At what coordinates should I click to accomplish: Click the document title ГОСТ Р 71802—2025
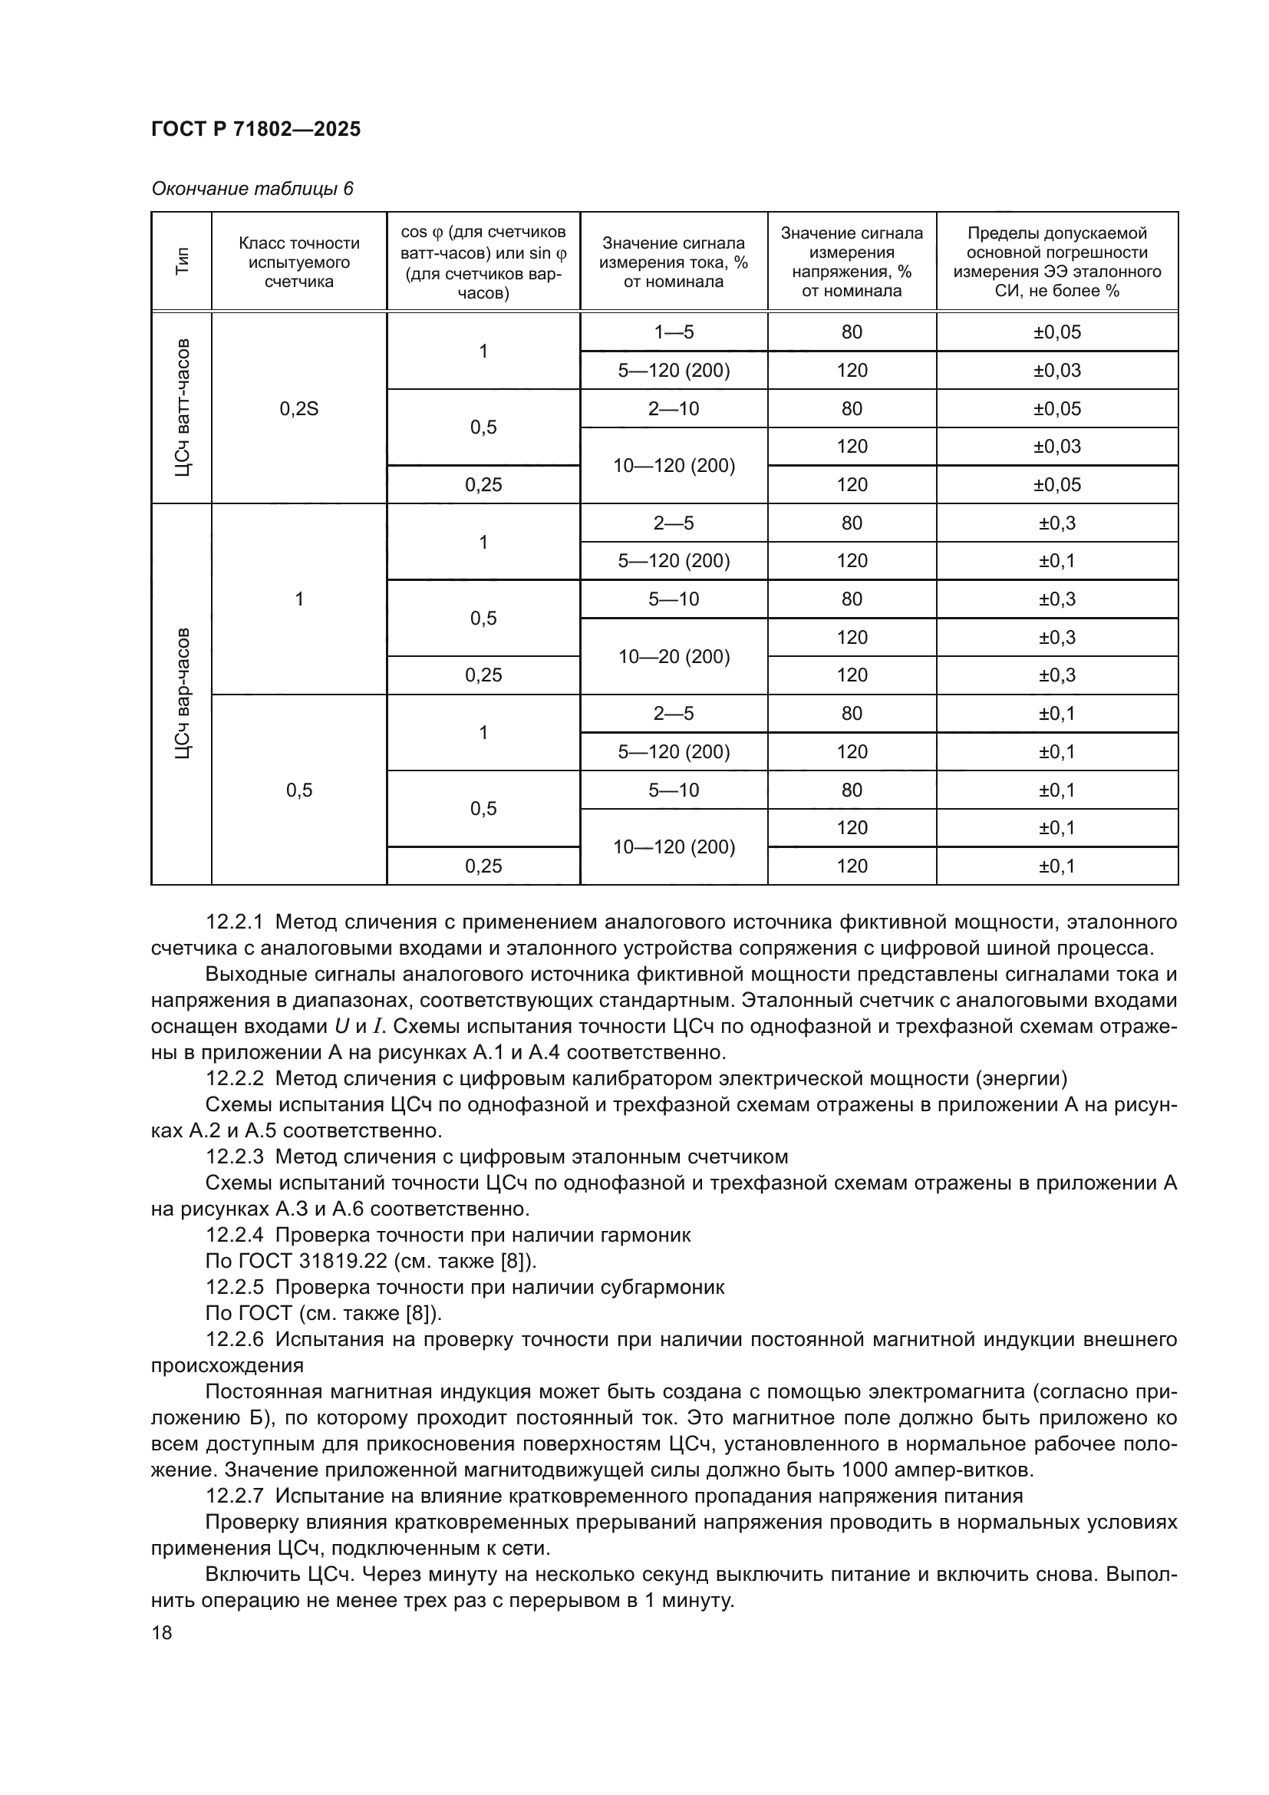(x=255, y=129)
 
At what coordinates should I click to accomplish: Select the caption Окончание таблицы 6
(x=252, y=190)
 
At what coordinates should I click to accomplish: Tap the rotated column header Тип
(x=182, y=261)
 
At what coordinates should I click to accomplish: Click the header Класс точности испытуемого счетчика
(x=298, y=262)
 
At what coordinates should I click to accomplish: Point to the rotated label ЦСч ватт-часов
(x=182, y=408)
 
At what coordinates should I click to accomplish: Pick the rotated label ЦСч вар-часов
(x=182, y=693)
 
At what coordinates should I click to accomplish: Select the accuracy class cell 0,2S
(x=298, y=408)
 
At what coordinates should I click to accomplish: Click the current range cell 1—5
(x=674, y=332)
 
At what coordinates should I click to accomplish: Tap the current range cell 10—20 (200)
(x=674, y=656)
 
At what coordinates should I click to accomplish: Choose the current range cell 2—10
(x=674, y=408)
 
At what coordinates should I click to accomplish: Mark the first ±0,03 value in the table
(x=1056, y=371)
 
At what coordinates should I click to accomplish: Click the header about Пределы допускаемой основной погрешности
(x=1056, y=262)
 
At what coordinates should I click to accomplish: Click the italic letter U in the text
(x=341, y=1027)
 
